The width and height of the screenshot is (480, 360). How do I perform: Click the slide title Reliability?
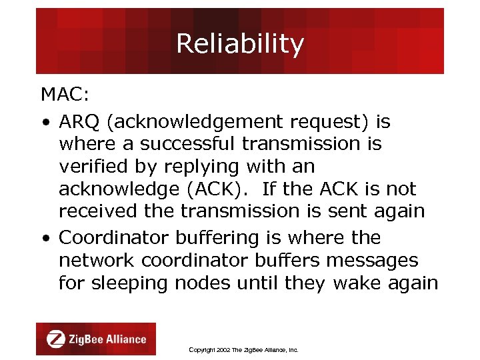pyautogui.click(x=240, y=44)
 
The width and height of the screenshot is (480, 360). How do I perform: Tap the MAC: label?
pyautogui.click(x=65, y=95)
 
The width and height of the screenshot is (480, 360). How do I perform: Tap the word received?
pyautogui.click(x=96, y=211)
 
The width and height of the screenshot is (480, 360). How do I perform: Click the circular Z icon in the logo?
pyautogui.click(x=55, y=339)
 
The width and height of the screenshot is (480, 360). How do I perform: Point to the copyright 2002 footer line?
pyautogui.click(x=243, y=349)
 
